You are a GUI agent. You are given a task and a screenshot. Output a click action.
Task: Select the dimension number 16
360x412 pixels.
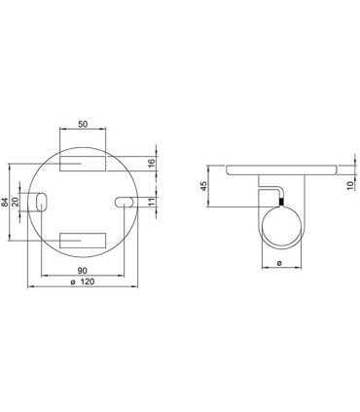point(153,162)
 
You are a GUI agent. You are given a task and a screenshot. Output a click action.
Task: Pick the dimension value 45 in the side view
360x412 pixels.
point(203,186)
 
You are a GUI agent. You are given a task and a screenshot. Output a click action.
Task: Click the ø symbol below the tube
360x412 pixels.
point(280,263)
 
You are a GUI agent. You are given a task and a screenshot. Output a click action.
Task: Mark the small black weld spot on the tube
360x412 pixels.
point(280,202)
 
